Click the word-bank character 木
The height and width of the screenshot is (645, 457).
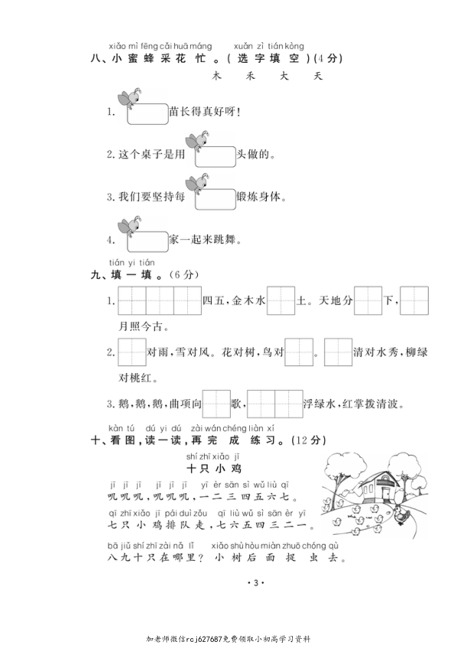(x=217, y=77)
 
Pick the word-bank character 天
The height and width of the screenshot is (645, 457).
(x=318, y=77)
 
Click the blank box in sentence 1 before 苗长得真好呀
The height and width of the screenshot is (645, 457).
(x=148, y=114)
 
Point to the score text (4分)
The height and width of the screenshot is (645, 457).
(x=327, y=57)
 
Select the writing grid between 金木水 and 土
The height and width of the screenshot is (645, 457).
(x=281, y=301)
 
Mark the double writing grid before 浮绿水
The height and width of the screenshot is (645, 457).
(x=274, y=403)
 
